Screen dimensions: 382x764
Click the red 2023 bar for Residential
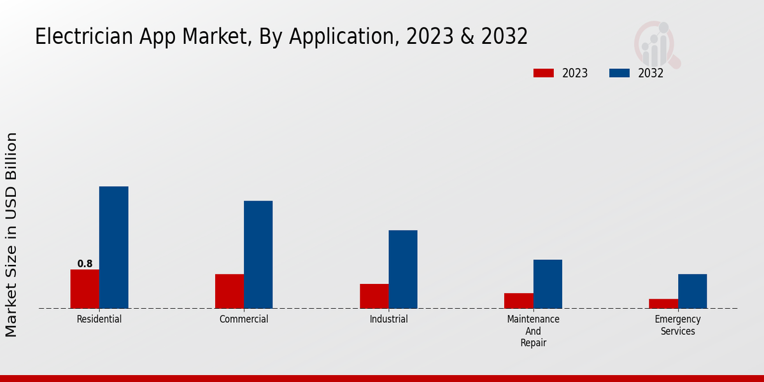tap(85, 289)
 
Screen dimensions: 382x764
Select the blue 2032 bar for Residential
tap(114, 248)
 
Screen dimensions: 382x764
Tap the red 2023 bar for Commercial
tap(229, 292)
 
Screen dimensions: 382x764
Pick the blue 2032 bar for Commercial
tap(258, 255)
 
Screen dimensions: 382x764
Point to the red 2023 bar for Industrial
tap(374, 296)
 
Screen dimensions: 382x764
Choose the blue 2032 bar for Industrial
tap(403, 269)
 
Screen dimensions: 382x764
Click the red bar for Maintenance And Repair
tap(519, 301)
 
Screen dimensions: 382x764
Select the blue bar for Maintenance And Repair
tap(548, 284)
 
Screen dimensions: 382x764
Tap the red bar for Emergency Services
tap(663, 304)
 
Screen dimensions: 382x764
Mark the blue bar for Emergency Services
tap(692, 291)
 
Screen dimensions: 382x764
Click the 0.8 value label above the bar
tap(85, 264)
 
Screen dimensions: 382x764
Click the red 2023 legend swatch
tap(544, 73)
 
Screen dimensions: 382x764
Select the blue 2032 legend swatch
tap(619, 73)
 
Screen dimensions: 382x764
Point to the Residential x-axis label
tap(99, 319)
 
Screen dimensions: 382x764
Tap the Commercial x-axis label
tap(244, 319)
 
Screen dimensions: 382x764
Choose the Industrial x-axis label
tap(388, 319)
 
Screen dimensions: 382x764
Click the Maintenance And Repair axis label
tap(534, 331)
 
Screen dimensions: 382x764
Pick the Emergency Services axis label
tap(678, 325)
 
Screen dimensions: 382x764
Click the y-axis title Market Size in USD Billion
tap(11, 234)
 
